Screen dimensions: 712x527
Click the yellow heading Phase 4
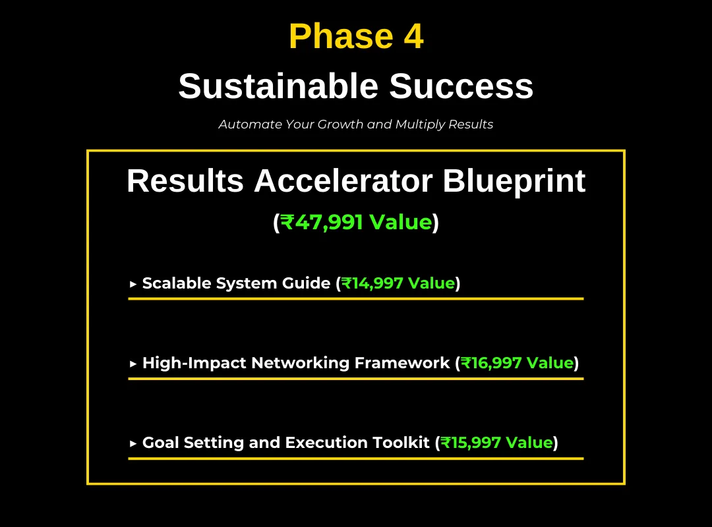356,36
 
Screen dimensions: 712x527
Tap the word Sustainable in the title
278,86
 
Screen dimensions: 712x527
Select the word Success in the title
461,86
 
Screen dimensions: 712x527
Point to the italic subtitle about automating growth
356,125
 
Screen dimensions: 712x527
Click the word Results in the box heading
185,181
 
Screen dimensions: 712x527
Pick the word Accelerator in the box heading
343,181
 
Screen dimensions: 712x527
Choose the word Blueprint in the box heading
514,182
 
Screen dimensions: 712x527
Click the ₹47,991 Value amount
356,222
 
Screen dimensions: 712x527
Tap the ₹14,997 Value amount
398,283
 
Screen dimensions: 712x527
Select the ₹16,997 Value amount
518,363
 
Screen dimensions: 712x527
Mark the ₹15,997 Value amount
497,443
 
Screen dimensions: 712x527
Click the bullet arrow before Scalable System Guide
133,284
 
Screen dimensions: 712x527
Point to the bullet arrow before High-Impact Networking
133,364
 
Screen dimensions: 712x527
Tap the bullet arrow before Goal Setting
133,443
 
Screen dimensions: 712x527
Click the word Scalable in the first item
177,283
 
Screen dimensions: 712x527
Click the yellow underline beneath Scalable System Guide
356,298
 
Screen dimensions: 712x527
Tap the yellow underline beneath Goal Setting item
356,458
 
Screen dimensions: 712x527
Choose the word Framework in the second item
402,363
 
